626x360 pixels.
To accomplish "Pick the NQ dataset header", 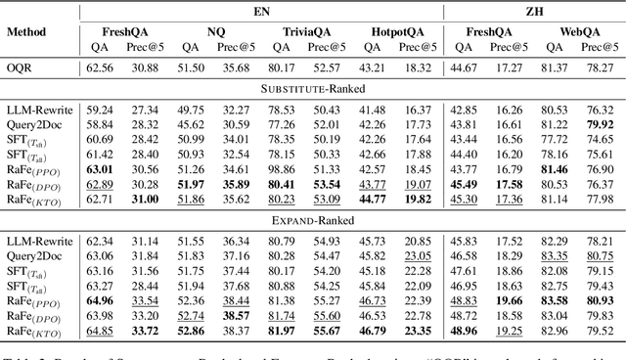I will coord(215,30).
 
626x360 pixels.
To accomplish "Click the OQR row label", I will coord(19,67).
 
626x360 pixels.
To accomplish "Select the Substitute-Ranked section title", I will coord(312,88).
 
